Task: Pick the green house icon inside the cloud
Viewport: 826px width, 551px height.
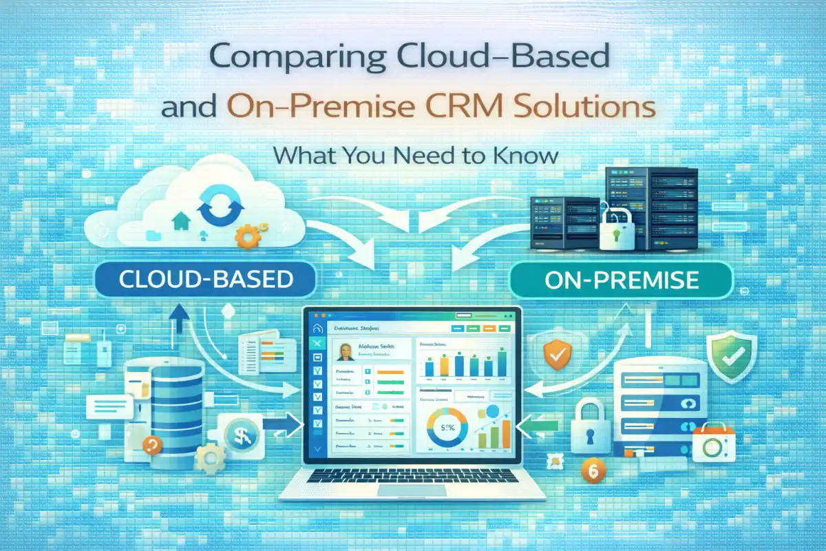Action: point(180,221)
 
